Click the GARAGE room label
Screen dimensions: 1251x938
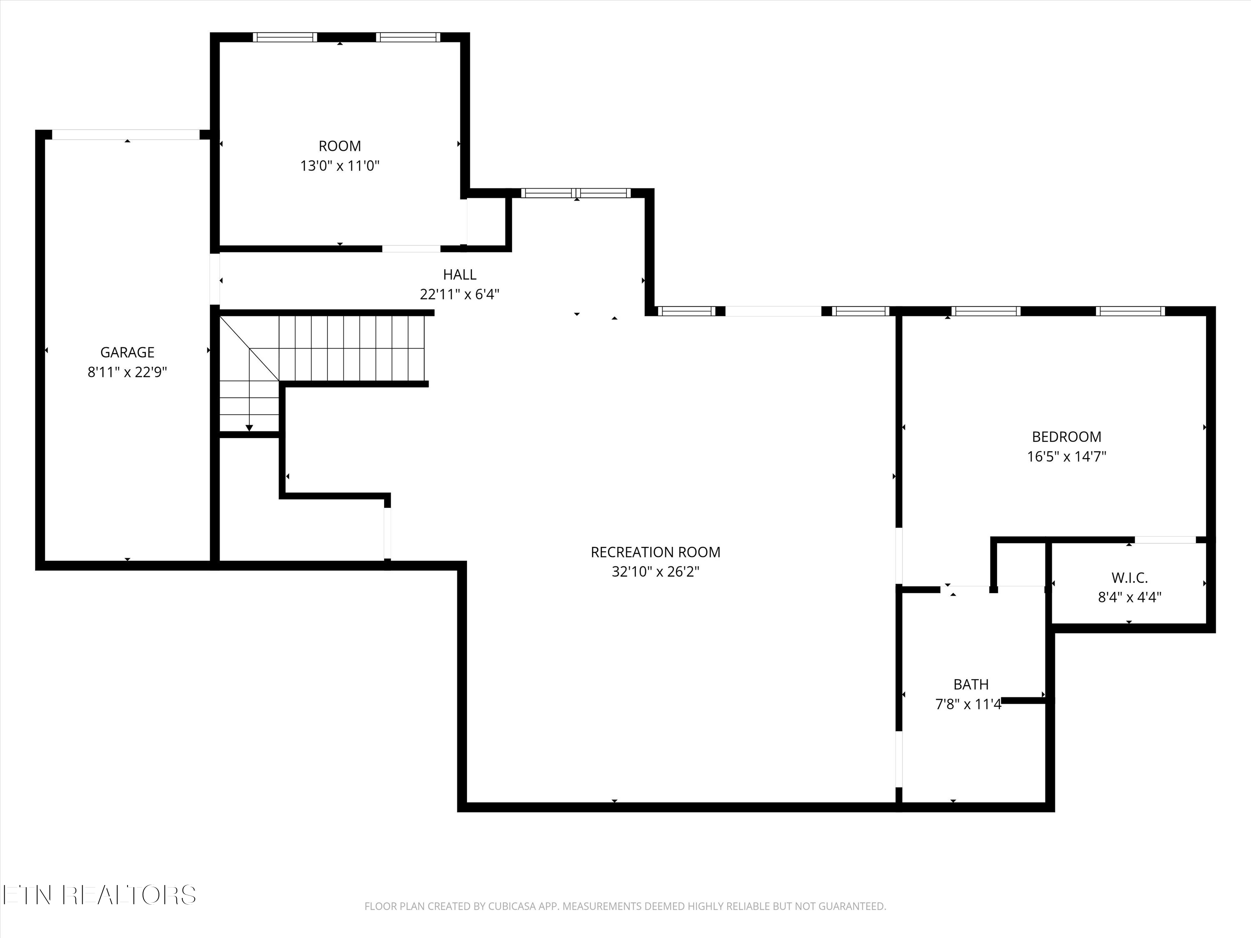coord(127,352)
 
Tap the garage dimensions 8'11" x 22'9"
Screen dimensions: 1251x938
coord(127,372)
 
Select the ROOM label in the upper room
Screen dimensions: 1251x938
coord(340,146)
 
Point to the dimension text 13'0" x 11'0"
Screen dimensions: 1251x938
coord(340,166)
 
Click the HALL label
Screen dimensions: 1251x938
coord(460,274)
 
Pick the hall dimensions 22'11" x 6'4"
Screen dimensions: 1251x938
coord(460,294)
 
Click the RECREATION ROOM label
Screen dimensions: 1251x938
coord(656,552)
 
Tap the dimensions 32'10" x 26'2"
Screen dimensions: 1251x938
coord(656,572)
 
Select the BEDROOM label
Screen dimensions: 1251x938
coord(1067,436)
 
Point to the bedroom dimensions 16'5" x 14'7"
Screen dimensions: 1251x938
coord(1067,456)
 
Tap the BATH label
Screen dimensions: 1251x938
coord(971,684)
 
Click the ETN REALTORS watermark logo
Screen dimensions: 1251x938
coord(99,895)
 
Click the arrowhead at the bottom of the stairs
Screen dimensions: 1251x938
coord(249,427)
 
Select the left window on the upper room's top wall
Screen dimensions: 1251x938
coord(284,38)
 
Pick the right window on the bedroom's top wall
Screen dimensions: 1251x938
coord(1130,311)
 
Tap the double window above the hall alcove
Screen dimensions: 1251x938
coord(576,193)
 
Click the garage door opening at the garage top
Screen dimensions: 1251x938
coord(126,135)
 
